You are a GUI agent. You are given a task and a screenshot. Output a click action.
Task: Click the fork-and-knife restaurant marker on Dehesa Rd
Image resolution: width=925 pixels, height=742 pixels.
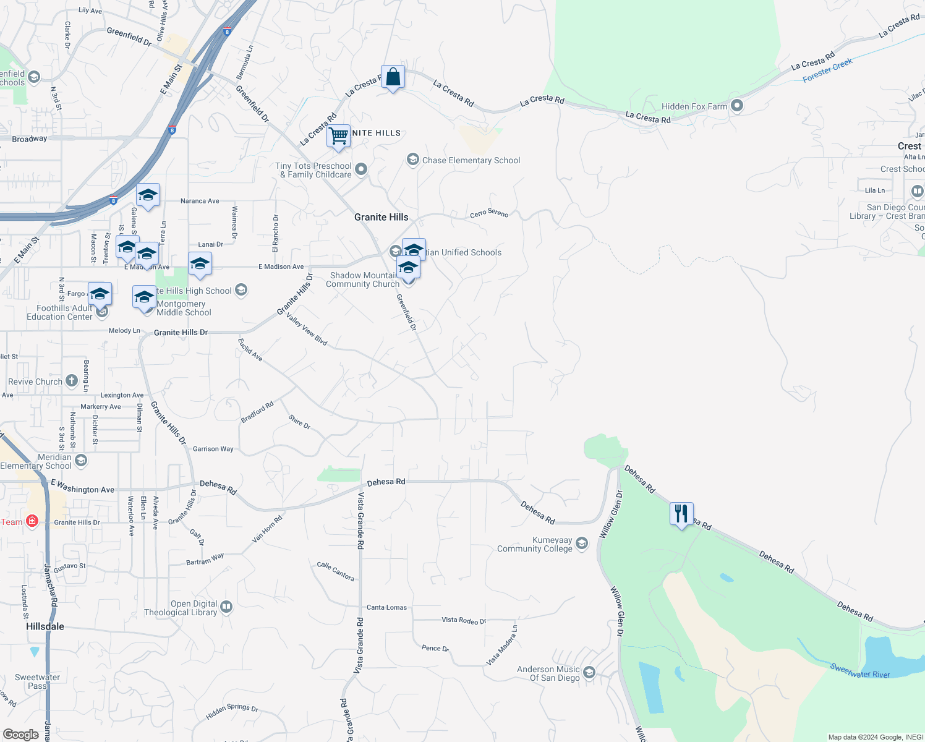click(x=681, y=514)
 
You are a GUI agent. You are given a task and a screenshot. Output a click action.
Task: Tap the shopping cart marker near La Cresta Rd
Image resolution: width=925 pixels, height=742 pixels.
click(x=338, y=135)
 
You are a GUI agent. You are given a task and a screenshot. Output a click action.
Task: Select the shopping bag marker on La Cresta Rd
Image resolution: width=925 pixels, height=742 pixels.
click(x=393, y=77)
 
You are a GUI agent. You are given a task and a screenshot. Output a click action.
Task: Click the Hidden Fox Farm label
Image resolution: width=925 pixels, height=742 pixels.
click(x=694, y=106)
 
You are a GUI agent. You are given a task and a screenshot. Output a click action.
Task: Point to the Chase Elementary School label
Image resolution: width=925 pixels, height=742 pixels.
click(x=471, y=160)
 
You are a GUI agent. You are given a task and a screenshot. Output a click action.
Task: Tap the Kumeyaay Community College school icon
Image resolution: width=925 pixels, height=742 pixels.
click(x=582, y=544)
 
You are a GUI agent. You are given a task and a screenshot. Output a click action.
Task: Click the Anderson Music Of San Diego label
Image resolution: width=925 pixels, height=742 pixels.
click(x=548, y=673)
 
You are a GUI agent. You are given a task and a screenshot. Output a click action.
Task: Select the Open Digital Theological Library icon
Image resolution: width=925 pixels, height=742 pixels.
click(x=226, y=607)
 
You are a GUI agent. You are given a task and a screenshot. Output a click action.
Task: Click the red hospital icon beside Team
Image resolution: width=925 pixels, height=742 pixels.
click(x=32, y=522)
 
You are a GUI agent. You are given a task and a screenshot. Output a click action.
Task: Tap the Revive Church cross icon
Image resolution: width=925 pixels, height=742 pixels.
click(x=72, y=381)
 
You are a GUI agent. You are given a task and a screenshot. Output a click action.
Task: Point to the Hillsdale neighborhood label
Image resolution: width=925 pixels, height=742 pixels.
click(x=45, y=626)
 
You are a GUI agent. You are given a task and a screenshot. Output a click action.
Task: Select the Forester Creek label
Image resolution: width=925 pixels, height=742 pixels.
click(x=827, y=70)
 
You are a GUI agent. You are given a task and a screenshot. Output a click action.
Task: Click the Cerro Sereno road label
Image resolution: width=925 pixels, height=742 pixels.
click(x=489, y=213)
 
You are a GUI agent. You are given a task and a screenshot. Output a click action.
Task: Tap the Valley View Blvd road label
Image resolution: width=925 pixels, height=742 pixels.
click(x=307, y=330)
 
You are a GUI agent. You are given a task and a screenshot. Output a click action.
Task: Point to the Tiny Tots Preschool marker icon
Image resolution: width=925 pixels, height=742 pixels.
click(x=362, y=169)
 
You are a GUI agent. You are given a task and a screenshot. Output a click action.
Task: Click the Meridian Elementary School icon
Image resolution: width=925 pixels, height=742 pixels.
click(x=80, y=460)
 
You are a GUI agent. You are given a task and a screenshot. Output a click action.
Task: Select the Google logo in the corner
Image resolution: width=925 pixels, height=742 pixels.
click(x=21, y=735)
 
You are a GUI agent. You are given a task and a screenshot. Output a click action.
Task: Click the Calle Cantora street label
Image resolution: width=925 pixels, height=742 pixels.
click(x=336, y=571)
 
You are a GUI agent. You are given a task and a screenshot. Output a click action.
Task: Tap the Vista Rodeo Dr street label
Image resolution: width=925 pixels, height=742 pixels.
click(x=464, y=620)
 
